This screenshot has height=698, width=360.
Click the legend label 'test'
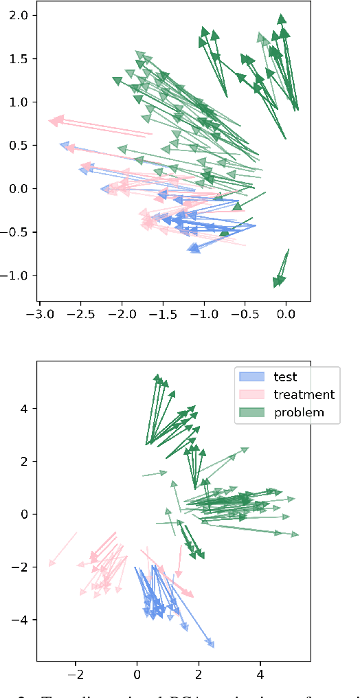[x=284, y=376]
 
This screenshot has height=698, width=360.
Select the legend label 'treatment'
[x=304, y=394]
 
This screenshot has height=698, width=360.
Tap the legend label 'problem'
[x=299, y=412]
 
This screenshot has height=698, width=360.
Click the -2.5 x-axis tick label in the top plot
[x=81, y=313]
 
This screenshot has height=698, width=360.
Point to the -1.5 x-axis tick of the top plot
[x=163, y=313]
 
